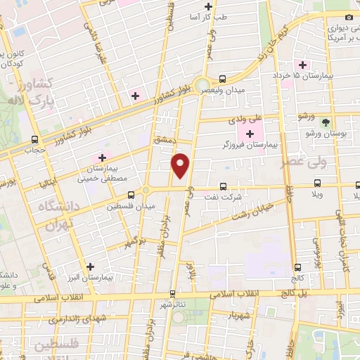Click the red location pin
[181, 166]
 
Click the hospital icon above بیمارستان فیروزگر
[250, 133]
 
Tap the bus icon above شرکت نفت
[224, 186]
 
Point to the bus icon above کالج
[298, 267]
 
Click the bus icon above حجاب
[34, 139]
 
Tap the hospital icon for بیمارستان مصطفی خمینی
[103, 156]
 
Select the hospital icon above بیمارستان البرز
[89, 266]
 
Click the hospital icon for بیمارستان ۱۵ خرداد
[302, 65]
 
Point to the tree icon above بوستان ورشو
[325, 121]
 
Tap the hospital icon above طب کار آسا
[207, 6]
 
